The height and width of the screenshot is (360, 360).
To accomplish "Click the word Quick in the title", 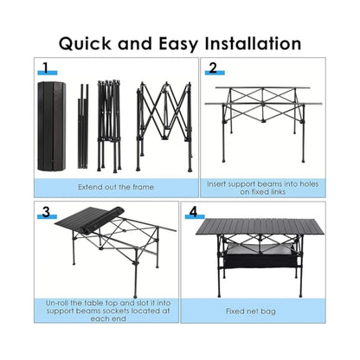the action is tap(85, 44).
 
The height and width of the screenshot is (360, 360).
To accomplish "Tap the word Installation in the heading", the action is tap(253, 43).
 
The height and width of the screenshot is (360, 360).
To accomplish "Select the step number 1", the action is tap(46, 67).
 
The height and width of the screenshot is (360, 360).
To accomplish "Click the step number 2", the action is tap(213, 68).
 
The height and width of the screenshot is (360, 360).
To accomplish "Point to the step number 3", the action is tap(46, 212).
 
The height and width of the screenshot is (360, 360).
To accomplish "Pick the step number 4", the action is tap(193, 212).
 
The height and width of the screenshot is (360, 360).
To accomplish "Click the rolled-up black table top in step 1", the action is tap(52, 126).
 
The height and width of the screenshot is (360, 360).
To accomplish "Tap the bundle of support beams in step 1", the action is tap(83, 126).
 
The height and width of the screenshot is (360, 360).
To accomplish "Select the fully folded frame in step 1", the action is tap(109, 126).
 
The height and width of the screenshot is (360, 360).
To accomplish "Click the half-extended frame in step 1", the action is tap(164, 127).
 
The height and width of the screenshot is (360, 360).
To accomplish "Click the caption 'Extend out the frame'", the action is tap(116, 187).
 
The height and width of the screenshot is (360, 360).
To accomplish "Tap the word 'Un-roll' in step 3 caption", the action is tap(56, 303).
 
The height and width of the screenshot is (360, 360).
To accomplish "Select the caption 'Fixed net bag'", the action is tap(251, 312).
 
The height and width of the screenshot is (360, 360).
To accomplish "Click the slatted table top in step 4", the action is tap(260, 227).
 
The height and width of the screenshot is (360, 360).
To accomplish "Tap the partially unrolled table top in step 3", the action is tap(90, 220).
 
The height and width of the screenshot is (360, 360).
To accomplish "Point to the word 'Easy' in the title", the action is tap(178, 44).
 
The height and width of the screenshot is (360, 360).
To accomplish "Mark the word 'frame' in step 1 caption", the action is tap(144, 187).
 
